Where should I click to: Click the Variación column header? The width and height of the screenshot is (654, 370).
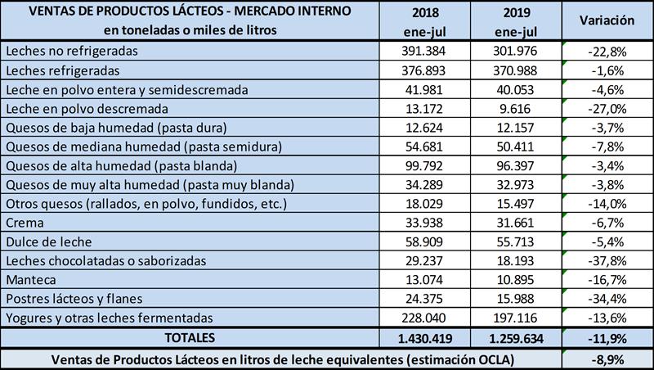coord(607,20)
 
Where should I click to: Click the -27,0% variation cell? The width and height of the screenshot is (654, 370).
coord(607,107)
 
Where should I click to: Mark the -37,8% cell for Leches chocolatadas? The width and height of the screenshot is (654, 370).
coord(607,260)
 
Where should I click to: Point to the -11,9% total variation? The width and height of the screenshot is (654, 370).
coord(607,337)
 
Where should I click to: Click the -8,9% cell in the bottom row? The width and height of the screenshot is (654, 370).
coord(607,359)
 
